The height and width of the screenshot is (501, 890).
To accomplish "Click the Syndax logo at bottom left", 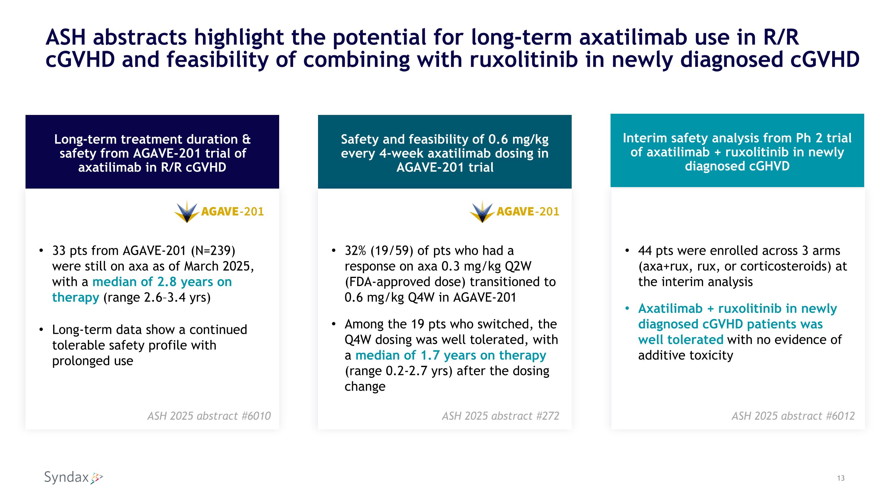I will click(x=73, y=478).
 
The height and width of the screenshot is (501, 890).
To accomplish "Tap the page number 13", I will click(x=840, y=478).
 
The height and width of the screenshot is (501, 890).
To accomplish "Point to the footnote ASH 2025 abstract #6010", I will click(x=209, y=415).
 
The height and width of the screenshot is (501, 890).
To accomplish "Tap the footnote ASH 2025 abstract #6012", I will click(x=793, y=415).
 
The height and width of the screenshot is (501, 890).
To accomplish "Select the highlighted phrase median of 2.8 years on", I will click(x=162, y=282).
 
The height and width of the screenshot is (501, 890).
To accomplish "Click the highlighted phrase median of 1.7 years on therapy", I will click(x=451, y=355).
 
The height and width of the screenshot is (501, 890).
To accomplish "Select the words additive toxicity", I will click(x=686, y=355).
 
